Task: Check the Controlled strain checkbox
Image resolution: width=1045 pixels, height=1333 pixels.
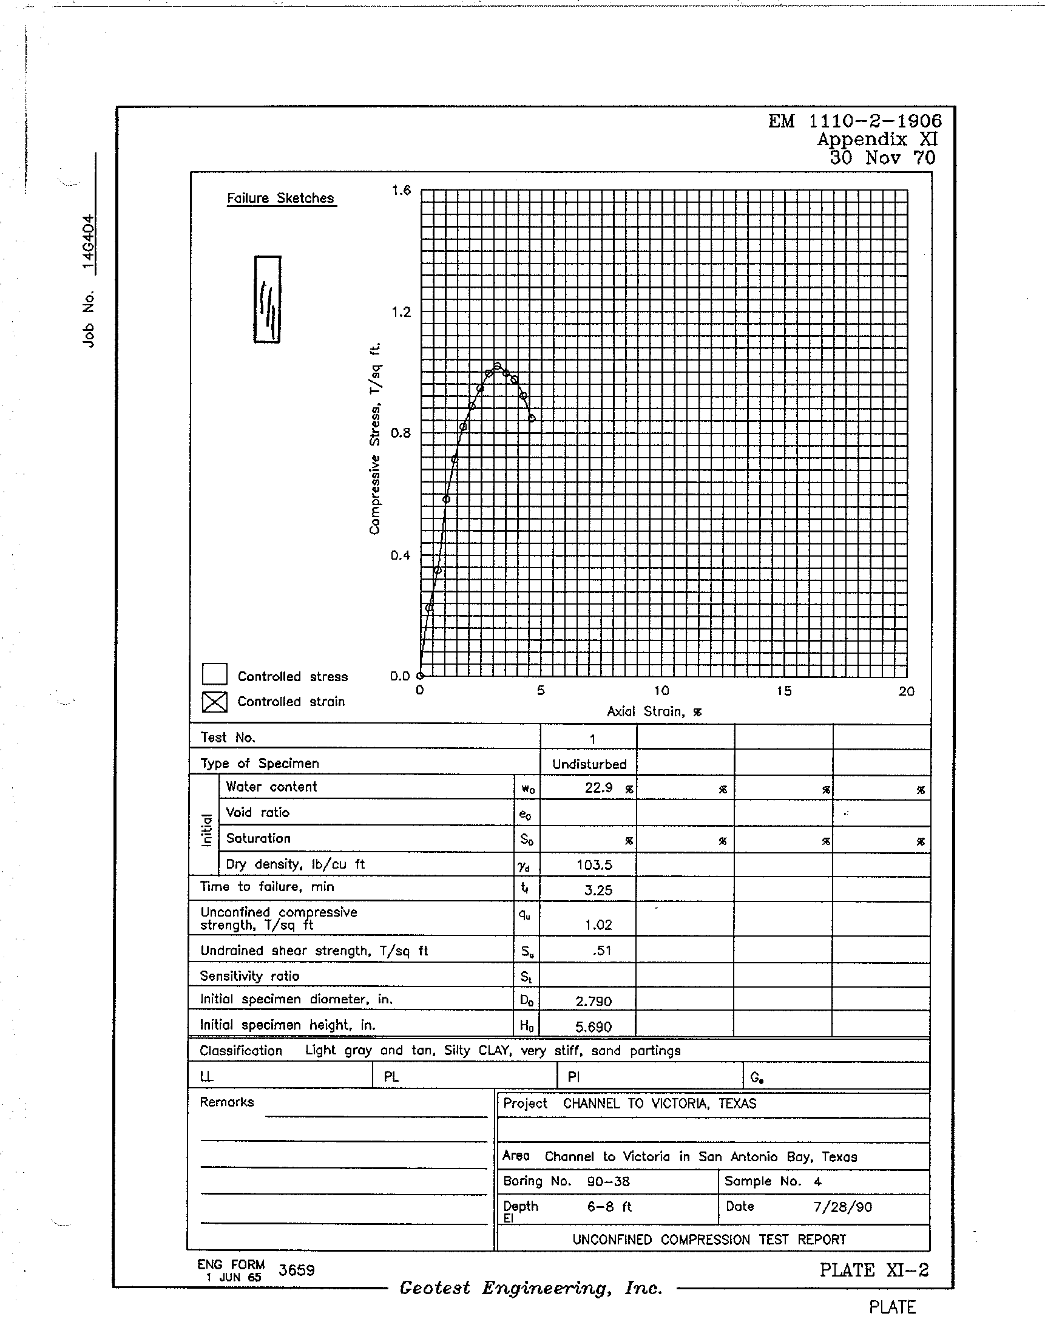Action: tap(214, 702)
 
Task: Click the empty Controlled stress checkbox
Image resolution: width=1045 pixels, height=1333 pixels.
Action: tap(214, 674)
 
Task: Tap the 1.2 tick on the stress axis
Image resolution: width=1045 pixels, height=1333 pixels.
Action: tap(401, 312)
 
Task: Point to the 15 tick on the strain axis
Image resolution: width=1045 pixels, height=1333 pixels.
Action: tap(784, 691)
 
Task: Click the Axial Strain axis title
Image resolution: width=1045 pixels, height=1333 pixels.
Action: tap(654, 711)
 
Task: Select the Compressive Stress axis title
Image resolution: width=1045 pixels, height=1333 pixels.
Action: tap(374, 438)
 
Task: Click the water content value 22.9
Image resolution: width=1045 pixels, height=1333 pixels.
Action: tap(598, 788)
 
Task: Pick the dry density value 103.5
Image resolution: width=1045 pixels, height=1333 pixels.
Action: tap(594, 865)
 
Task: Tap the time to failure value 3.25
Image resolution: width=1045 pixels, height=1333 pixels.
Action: tap(598, 890)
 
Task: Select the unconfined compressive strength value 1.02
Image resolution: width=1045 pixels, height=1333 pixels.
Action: tap(598, 924)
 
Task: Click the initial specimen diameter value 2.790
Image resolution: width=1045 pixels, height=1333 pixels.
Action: tap(593, 1002)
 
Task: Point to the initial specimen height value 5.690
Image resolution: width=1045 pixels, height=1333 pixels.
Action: tap(593, 1027)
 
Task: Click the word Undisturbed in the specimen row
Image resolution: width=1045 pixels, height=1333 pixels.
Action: tap(589, 764)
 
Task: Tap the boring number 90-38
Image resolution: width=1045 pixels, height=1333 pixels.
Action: tap(608, 1181)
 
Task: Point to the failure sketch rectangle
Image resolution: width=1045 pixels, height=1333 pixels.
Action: tap(268, 299)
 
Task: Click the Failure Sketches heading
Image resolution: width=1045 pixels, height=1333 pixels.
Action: tap(280, 198)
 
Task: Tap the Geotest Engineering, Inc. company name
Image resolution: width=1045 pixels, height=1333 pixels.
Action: tap(530, 1288)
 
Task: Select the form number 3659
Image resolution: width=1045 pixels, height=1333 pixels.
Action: tap(296, 1270)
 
